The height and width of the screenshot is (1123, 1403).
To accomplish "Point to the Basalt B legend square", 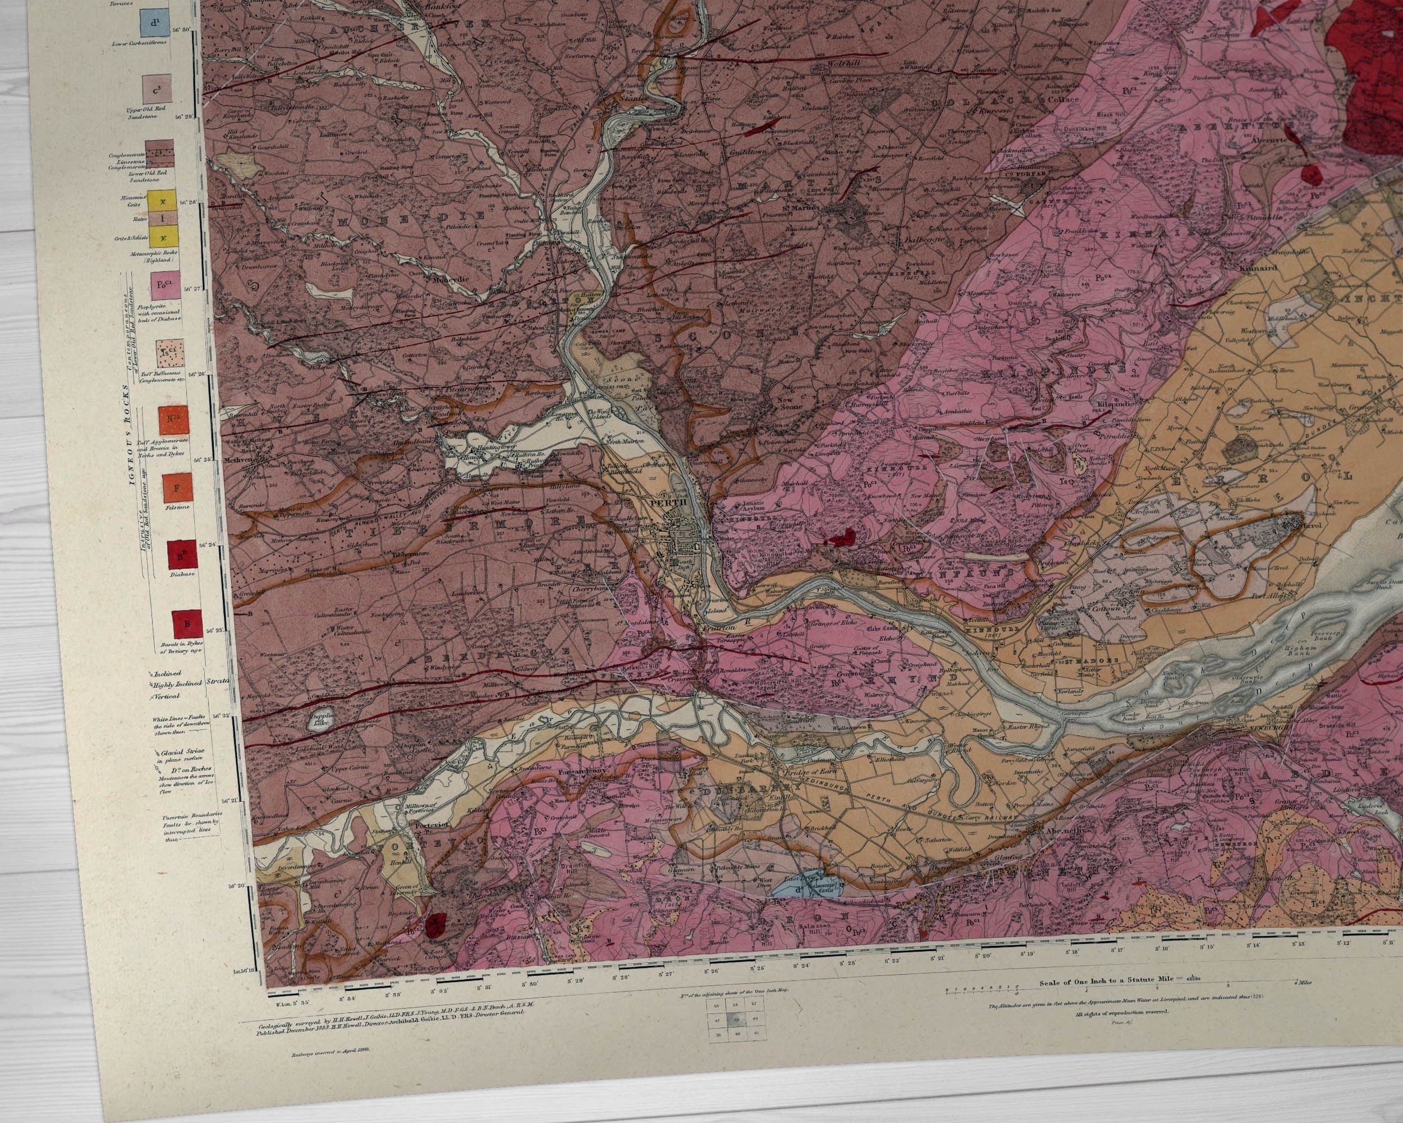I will [x=187, y=624].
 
